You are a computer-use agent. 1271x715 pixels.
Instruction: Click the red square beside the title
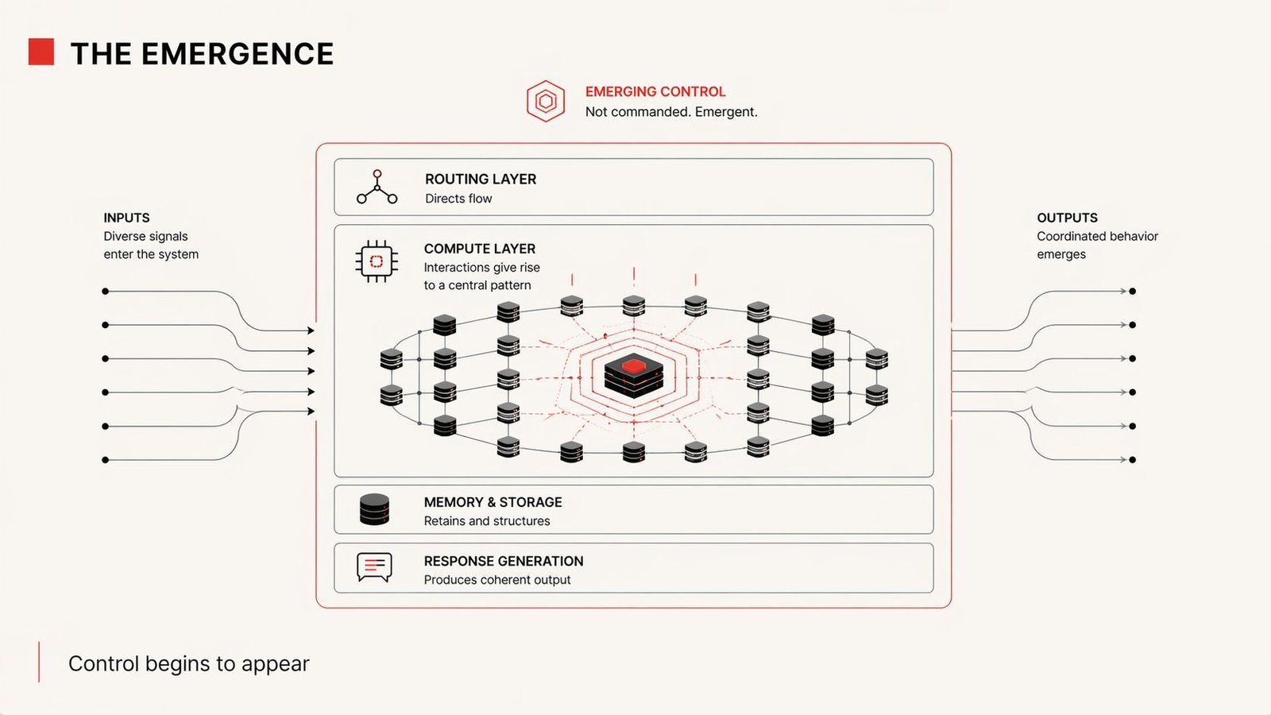click(41, 52)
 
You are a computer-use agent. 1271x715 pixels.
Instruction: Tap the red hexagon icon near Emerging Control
click(546, 101)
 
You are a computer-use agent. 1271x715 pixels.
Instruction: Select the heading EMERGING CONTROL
click(655, 91)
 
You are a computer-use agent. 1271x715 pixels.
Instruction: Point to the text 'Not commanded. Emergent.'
click(671, 112)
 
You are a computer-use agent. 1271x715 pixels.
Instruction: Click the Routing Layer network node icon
click(377, 187)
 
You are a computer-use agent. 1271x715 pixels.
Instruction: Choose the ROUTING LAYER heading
click(481, 180)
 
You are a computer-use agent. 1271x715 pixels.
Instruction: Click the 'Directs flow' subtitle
click(458, 199)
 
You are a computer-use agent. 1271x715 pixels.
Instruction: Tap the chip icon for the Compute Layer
click(377, 261)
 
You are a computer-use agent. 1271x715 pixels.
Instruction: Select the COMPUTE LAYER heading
click(480, 249)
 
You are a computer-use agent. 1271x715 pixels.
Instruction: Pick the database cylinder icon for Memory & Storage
click(374, 509)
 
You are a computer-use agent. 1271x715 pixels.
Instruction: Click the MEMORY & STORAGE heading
click(493, 502)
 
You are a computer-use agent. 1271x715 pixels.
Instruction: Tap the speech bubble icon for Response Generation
click(374, 567)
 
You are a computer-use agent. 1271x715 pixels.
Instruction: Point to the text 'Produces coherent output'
click(497, 580)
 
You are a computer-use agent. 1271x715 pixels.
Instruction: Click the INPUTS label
click(126, 218)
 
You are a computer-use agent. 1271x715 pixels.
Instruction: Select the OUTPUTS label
click(1067, 218)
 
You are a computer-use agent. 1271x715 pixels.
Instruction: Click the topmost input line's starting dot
click(105, 292)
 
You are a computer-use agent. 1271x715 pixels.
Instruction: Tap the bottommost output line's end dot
click(1132, 460)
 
